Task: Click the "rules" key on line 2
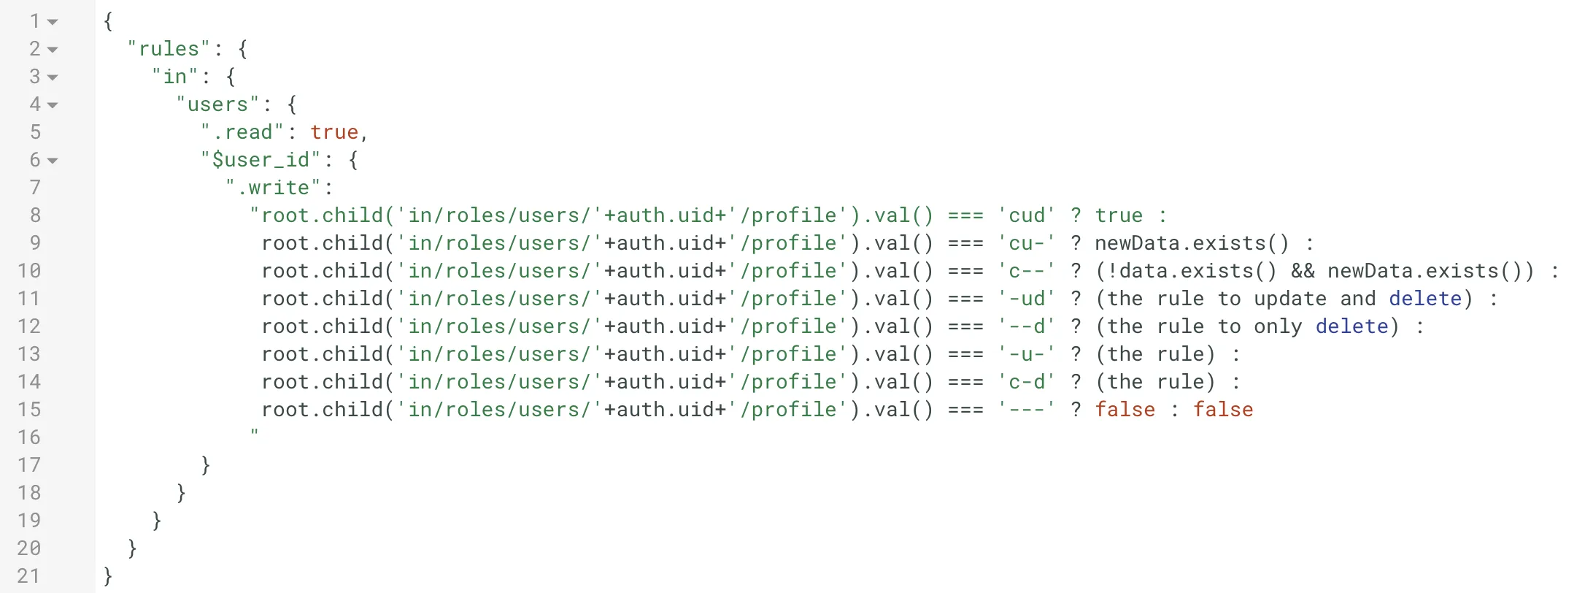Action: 169,49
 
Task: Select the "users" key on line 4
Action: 217,104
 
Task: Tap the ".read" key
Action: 242,132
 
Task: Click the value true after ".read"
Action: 334,132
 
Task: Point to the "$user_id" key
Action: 261,160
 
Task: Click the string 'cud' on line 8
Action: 1027,215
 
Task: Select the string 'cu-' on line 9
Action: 1027,243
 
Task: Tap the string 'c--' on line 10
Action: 1027,271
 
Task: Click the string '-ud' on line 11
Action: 1027,299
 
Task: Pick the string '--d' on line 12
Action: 1027,326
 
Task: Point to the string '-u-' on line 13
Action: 1027,354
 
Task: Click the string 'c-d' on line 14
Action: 1027,382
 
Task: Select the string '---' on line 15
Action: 1027,410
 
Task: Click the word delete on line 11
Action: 1425,299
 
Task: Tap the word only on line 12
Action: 1278,326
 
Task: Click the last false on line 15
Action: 1223,410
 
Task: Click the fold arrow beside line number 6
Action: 53,161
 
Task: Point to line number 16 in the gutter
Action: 29,437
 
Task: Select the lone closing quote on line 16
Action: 254,432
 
